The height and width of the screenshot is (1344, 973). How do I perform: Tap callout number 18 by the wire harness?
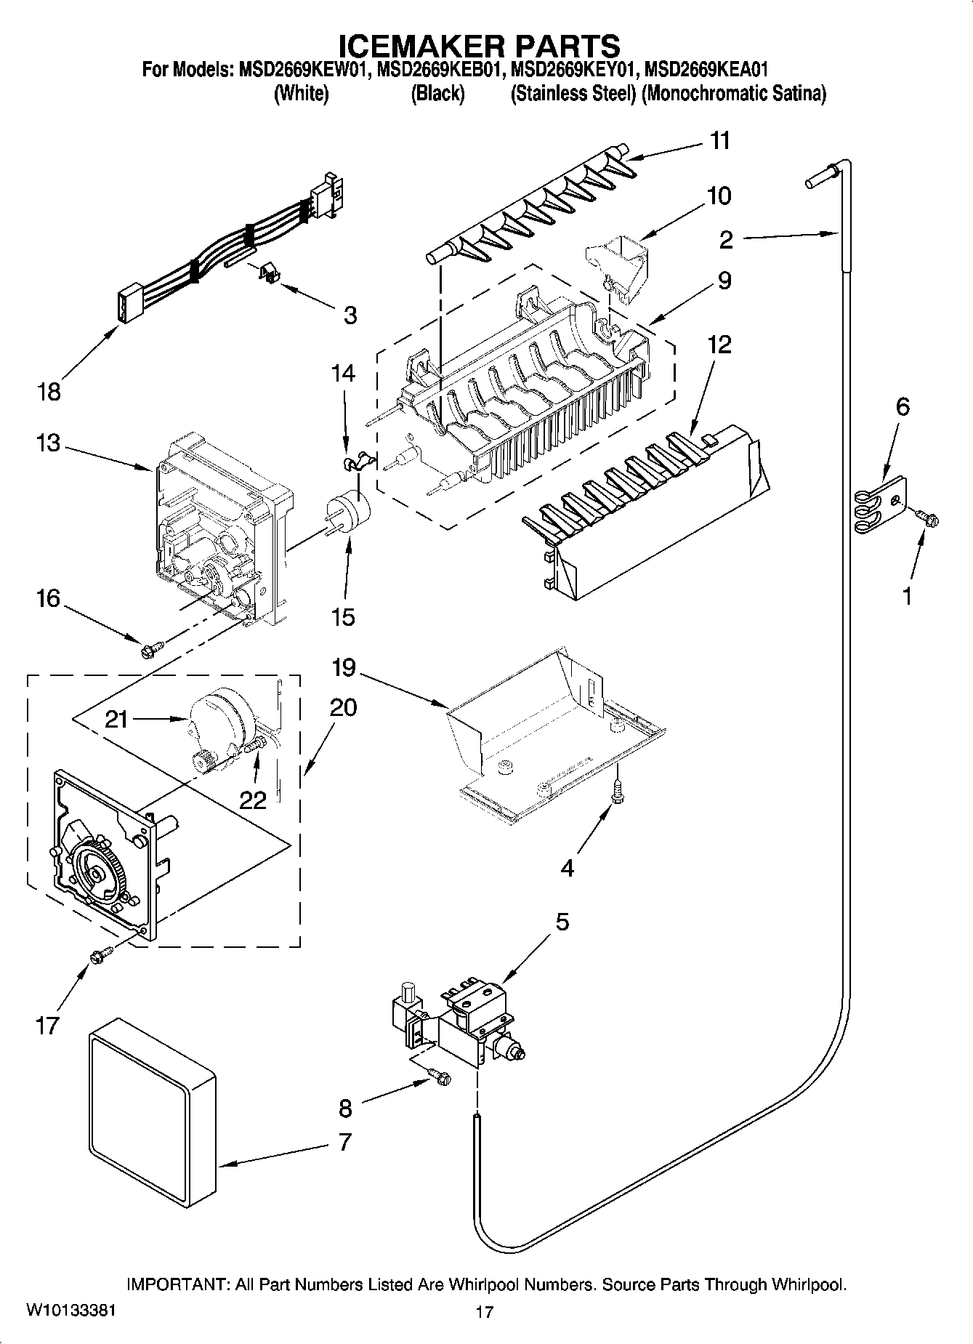(x=49, y=393)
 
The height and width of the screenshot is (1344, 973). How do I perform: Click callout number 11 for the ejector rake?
(x=719, y=140)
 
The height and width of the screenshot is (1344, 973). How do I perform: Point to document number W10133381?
(x=70, y=1311)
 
